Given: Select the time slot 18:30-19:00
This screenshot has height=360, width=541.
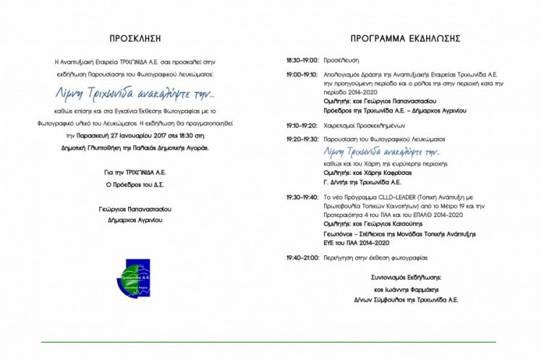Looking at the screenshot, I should [302, 60].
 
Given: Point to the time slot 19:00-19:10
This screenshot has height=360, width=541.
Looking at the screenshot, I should [302, 74].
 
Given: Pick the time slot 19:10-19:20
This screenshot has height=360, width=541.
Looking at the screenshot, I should [302, 124].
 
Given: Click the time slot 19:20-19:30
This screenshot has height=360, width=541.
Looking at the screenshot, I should [302, 138].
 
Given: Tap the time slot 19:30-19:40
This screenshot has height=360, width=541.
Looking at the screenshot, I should [302, 196].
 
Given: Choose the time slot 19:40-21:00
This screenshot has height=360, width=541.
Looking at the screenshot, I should [302, 257].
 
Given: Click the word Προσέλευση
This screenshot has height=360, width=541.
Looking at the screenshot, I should [341, 60].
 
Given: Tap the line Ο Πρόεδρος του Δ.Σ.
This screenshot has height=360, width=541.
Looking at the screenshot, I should [135, 184].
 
